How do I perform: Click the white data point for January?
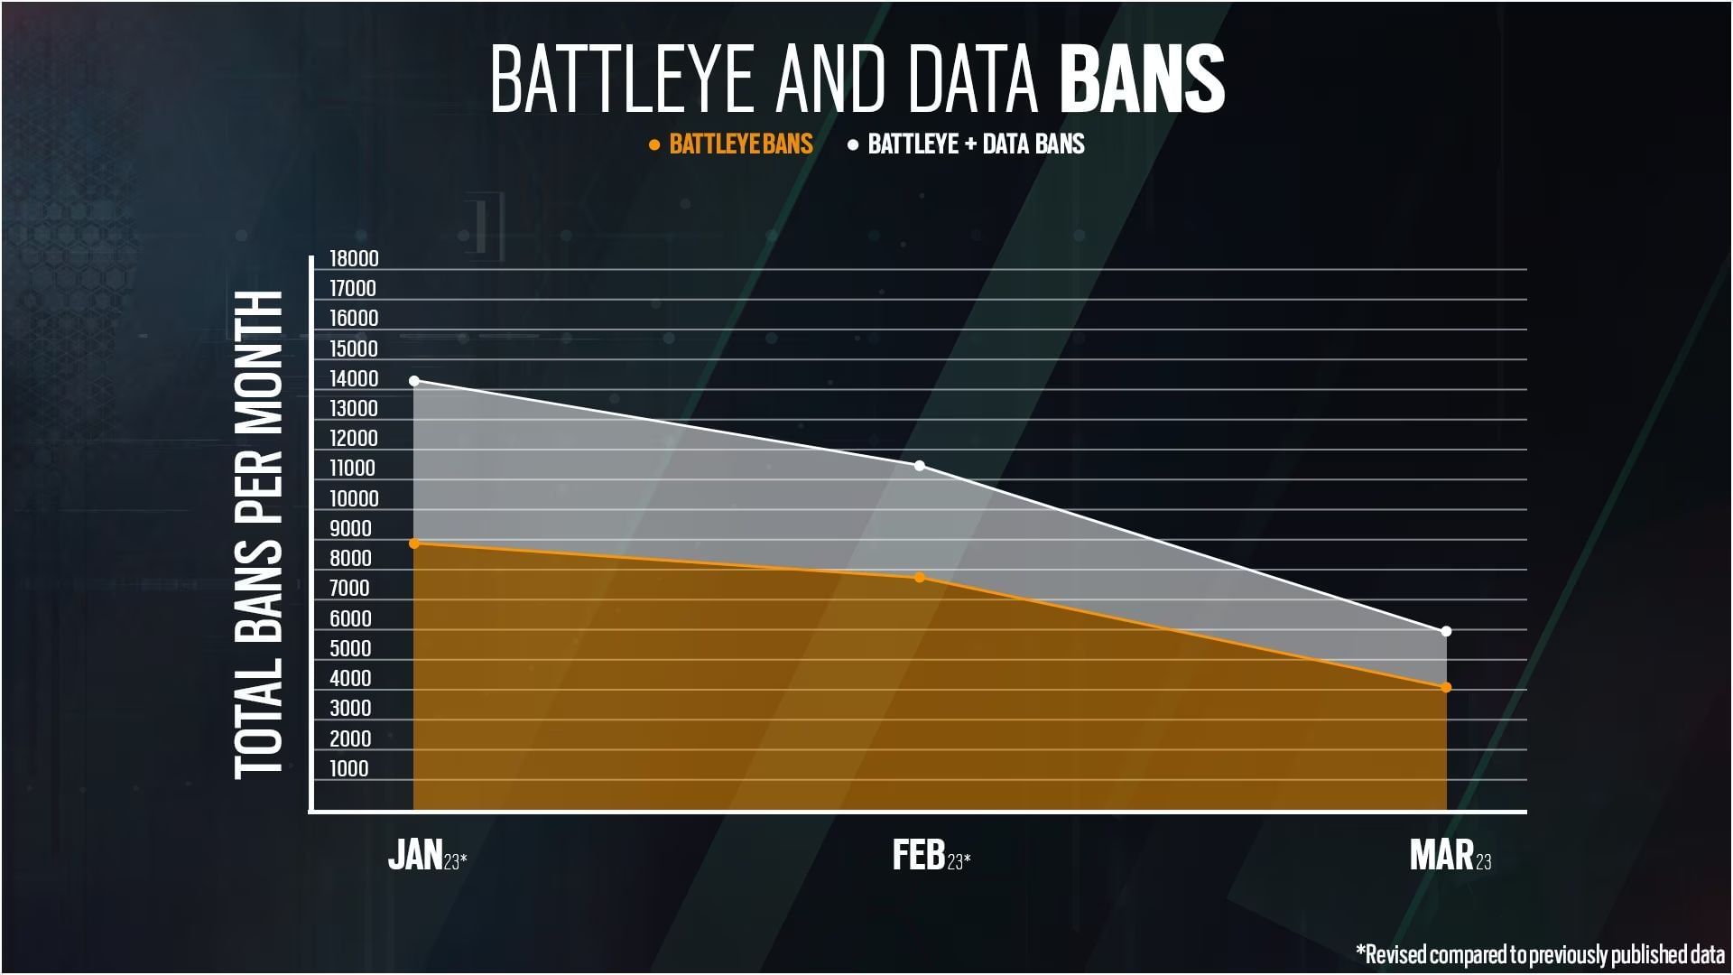[414, 381]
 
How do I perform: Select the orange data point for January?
[414, 543]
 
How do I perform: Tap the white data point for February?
[920, 466]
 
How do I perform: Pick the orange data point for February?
[920, 578]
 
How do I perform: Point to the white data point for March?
[1446, 631]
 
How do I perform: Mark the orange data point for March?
[1446, 688]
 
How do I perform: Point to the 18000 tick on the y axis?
[354, 259]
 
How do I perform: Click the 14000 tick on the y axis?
[354, 379]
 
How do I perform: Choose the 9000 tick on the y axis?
[350, 529]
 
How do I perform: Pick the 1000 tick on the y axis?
[349, 768]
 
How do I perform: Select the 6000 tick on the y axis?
[350, 618]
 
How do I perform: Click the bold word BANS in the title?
[1141, 80]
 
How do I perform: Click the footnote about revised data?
[1540, 954]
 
